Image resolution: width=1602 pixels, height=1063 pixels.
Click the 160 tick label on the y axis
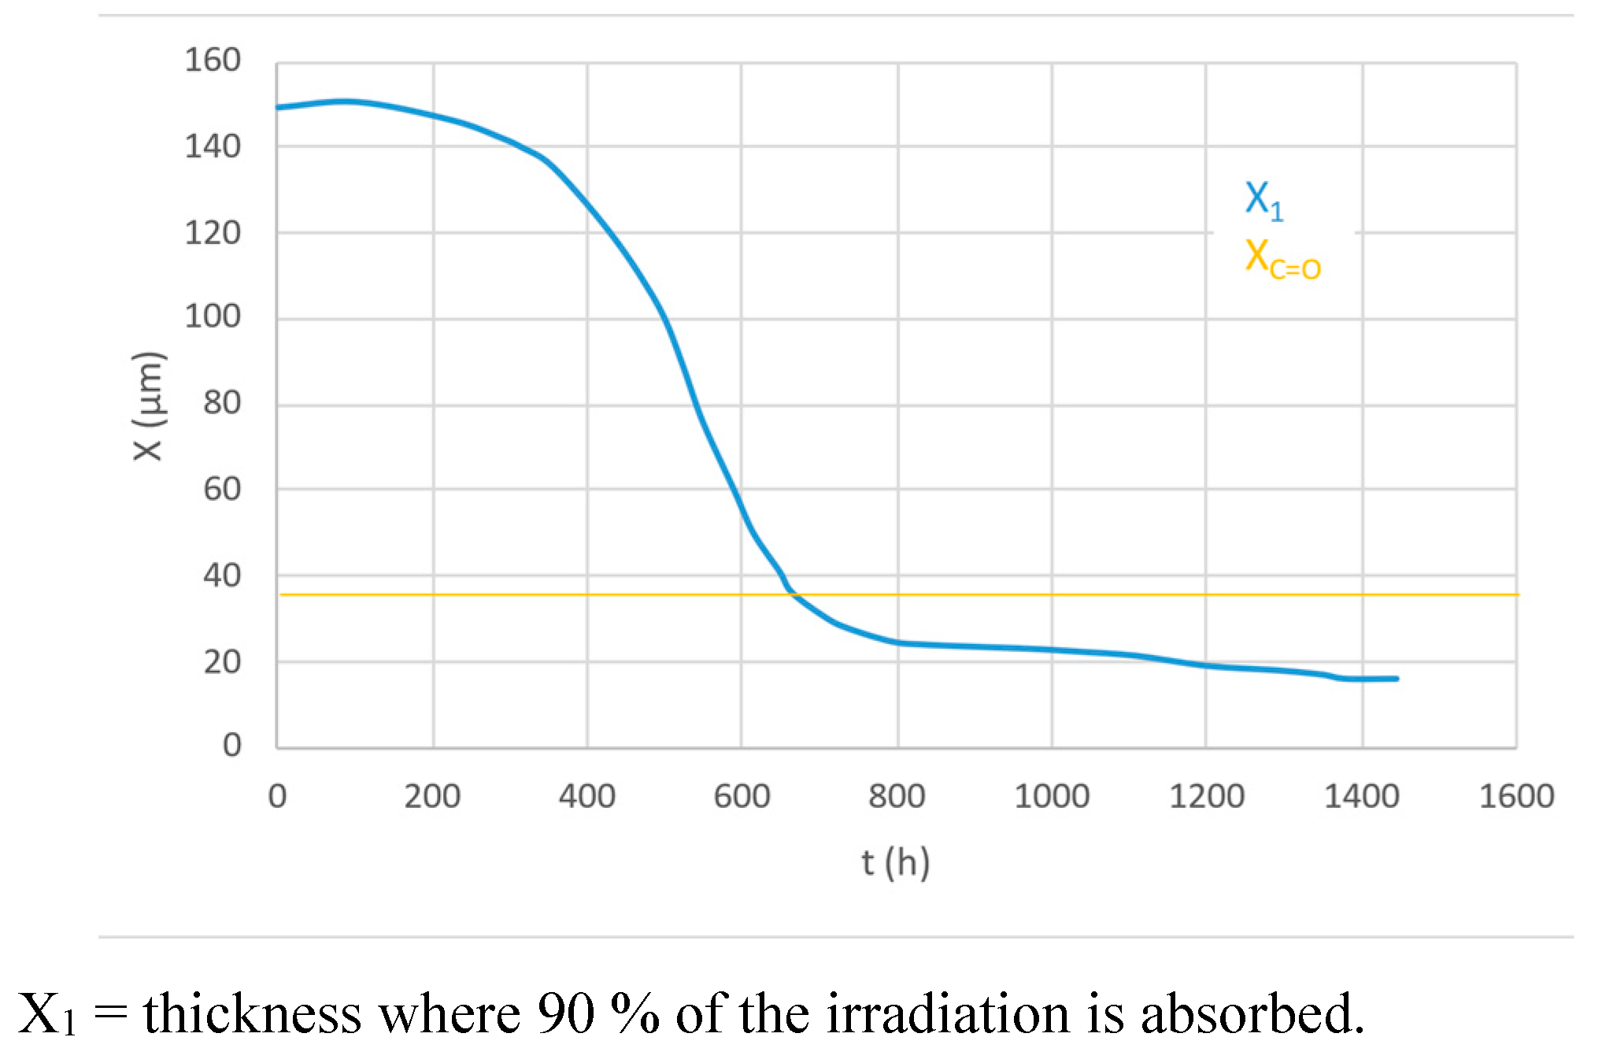pyautogui.click(x=213, y=61)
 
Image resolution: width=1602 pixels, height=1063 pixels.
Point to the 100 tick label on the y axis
pyautogui.click(x=213, y=317)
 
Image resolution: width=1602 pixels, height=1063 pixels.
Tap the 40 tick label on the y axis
pyautogui.click(x=222, y=576)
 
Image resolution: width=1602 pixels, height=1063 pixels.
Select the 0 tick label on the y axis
pyautogui.click(x=231, y=745)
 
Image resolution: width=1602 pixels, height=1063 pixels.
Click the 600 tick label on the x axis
pyautogui.click(x=742, y=797)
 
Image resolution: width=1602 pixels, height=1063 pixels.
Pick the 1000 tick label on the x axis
pyautogui.click(x=1051, y=797)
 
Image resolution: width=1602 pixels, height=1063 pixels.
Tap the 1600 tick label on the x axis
pyautogui.click(x=1516, y=797)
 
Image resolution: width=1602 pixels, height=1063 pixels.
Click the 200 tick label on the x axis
pyautogui.click(x=432, y=797)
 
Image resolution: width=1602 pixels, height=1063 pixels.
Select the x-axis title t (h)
pyautogui.click(x=895, y=863)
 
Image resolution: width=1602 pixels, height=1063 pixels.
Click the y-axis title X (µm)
pyautogui.click(x=149, y=406)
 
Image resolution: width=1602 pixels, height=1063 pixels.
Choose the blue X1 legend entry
pyautogui.click(x=1263, y=200)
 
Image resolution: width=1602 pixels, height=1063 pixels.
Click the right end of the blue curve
pyautogui.click(x=1397, y=678)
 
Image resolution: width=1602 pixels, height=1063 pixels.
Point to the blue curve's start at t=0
pyautogui.click(x=278, y=108)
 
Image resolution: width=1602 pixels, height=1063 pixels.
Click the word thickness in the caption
pyautogui.click(x=252, y=1013)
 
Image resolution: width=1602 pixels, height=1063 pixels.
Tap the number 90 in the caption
pyautogui.click(x=566, y=1013)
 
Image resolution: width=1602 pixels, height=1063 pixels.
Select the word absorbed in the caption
pyautogui.click(x=1252, y=1013)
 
